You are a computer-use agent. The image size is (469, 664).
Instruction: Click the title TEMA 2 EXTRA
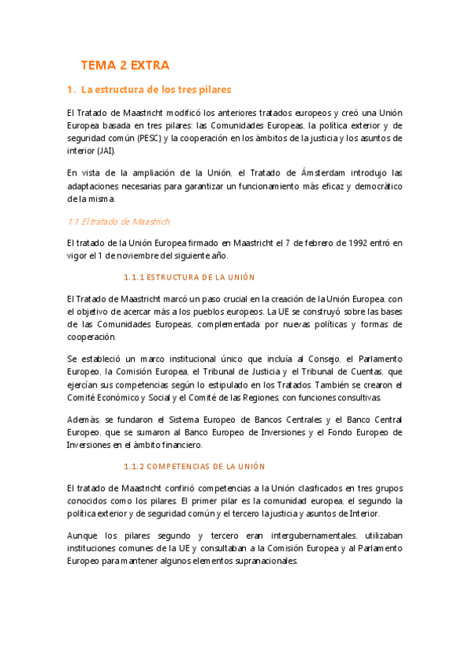tap(124, 65)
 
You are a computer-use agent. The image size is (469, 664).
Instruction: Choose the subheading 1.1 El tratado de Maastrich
tap(119, 222)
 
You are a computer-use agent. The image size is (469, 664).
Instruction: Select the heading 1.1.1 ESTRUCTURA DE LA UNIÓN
tap(189, 277)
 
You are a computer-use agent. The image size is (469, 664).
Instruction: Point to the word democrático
tap(373, 186)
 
